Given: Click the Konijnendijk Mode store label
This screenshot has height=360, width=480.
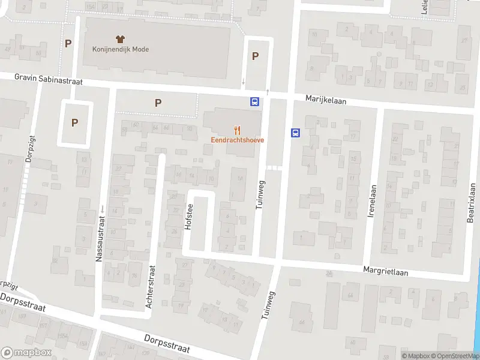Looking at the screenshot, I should [121, 49].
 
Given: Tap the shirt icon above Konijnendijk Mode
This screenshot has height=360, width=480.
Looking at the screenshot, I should [120, 39].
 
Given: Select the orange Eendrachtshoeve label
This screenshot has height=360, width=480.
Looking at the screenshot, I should [237, 140].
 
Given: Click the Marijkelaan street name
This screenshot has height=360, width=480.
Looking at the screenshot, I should [326, 100].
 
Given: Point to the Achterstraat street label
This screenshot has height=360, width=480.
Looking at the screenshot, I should [151, 287].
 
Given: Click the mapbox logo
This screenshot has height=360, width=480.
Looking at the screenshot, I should [26, 353].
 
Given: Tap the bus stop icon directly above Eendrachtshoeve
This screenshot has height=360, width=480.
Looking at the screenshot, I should [255, 101].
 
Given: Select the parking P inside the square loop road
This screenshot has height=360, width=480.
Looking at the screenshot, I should [75, 123].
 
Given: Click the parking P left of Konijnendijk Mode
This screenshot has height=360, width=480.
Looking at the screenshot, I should [68, 43].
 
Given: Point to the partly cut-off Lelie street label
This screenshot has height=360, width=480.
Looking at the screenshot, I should [424, 7].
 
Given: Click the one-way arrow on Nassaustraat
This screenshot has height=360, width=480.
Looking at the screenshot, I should [102, 209].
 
